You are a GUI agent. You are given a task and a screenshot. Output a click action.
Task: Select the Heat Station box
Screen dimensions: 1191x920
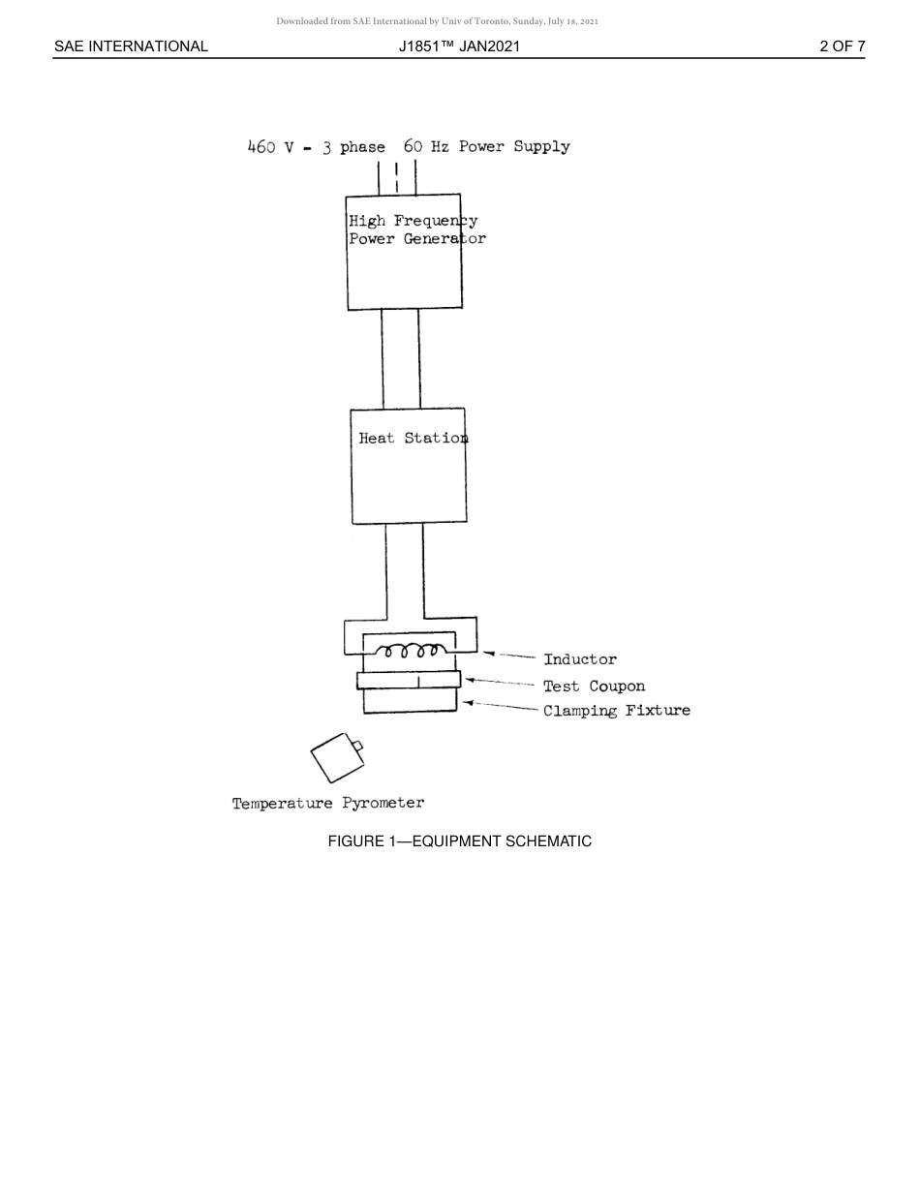click(x=409, y=466)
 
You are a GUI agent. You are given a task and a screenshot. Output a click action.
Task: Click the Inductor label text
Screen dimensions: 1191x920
click(x=579, y=659)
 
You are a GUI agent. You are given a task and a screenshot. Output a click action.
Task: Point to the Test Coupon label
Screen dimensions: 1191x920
click(x=593, y=687)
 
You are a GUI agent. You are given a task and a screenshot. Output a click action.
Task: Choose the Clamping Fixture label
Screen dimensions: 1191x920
click(x=616, y=711)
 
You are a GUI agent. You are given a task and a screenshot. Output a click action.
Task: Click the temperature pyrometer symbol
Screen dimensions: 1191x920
click(x=336, y=758)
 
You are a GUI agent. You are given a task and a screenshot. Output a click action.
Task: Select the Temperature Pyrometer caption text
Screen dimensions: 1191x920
click(x=327, y=803)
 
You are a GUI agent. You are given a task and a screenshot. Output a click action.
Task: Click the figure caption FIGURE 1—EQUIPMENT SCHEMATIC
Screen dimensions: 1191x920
click(x=459, y=841)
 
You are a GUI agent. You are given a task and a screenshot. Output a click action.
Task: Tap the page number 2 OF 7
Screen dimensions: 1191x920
click(x=842, y=46)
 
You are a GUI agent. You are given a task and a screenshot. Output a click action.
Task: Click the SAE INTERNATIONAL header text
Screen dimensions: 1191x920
click(x=131, y=46)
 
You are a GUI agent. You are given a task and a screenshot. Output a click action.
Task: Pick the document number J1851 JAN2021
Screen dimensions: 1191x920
click(x=459, y=46)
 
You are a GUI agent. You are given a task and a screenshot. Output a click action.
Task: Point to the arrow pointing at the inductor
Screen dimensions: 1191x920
click(x=509, y=655)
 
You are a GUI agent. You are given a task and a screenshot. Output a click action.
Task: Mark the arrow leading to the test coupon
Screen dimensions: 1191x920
click(x=500, y=683)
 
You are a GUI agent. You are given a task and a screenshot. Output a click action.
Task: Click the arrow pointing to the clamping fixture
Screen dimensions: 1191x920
click(x=500, y=706)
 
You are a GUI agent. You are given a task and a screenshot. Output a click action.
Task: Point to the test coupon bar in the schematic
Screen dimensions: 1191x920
click(x=408, y=680)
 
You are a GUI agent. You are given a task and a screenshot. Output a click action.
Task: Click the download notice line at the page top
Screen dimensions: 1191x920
click(x=437, y=20)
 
